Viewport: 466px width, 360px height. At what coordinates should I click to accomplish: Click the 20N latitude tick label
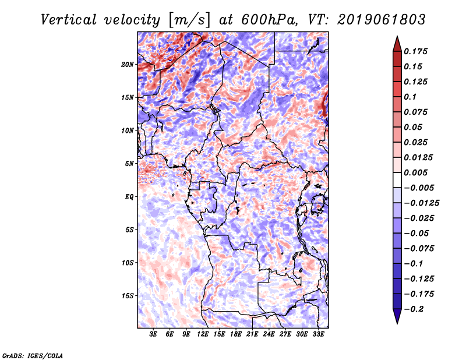[x=128, y=65]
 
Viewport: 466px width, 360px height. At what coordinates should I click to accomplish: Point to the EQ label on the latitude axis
[x=129, y=197]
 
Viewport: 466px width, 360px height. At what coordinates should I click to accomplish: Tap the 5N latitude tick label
[x=129, y=164]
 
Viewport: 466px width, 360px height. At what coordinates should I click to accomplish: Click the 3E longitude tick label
[x=153, y=334]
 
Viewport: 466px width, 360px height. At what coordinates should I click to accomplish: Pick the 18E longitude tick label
[x=236, y=334]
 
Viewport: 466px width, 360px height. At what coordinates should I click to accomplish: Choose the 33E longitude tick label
[x=318, y=334]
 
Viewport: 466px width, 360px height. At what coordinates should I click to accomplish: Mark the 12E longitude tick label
[x=203, y=334]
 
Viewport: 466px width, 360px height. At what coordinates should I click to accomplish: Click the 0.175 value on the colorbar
[x=415, y=51]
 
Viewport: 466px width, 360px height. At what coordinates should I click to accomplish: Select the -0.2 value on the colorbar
[x=414, y=309]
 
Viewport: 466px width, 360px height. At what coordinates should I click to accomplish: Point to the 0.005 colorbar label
[x=415, y=172]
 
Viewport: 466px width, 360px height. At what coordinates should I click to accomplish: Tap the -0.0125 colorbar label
[x=421, y=203]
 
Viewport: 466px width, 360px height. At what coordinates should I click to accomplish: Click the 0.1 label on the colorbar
[x=410, y=97]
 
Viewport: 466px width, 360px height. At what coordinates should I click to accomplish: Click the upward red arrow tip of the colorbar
[x=397, y=36]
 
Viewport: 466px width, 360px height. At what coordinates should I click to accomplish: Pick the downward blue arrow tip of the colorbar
[x=397, y=323]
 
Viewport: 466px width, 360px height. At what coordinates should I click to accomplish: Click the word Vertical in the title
[x=69, y=20]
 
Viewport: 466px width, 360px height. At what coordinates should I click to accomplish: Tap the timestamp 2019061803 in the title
[x=382, y=20]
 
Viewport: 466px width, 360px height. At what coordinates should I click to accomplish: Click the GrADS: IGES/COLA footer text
[x=33, y=356]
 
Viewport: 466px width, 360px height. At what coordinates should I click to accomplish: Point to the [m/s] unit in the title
[x=189, y=20]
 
